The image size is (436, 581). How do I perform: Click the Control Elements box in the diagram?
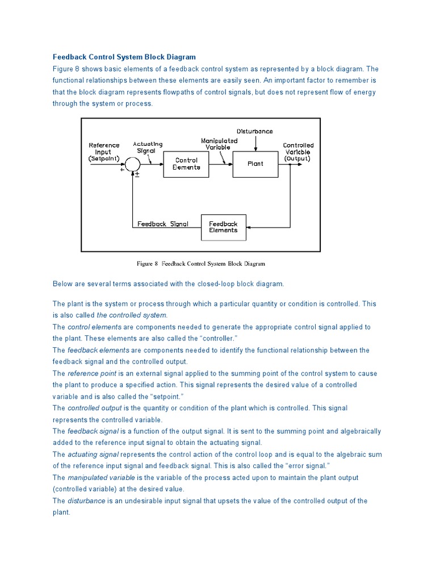click(x=186, y=164)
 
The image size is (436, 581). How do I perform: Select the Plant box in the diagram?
click(x=255, y=164)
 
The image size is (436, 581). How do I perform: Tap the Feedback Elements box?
click(x=223, y=227)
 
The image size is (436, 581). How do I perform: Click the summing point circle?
click(x=132, y=164)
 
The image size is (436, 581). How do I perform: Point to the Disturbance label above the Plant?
click(x=254, y=131)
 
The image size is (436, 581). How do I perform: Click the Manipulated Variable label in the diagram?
click(x=219, y=144)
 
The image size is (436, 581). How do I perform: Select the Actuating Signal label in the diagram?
click(x=148, y=148)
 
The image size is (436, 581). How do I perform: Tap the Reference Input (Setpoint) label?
click(x=104, y=152)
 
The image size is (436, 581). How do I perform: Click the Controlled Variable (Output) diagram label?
click(x=298, y=152)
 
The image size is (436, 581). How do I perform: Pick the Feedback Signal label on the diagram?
click(x=163, y=224)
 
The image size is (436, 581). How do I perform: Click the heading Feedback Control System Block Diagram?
click(x=124, y=57)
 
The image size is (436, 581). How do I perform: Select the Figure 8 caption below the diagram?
click(x=201, y=264)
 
